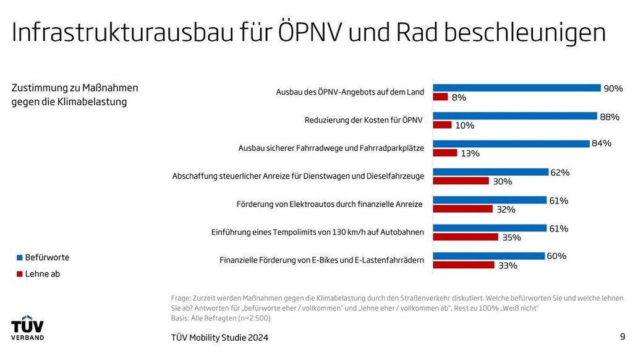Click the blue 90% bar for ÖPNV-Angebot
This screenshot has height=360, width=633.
pyautogui.click(x=517, y=88)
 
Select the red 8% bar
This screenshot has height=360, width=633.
pyautogui.click(x=440, y=97)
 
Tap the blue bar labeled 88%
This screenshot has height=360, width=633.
pyautogui.click(x=515, y=116)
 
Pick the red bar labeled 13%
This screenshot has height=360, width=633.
pyautogui.click(x=445, y=153)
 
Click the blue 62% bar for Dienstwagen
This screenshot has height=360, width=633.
pyautogui.click(x=491, y=172)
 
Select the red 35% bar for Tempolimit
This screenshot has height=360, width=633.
pyautogui.click(x=465, y=237)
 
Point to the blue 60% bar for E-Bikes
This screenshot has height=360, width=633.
pyautogui.click(x=489, y=256)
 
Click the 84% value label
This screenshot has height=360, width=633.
pyautogui.click(x=601, y=144)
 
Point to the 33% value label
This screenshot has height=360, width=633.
pyautogui.click(x=507, y=265)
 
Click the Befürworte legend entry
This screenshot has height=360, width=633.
pyautogui.click(x=43, y=257)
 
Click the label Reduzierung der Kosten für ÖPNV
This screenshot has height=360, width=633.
pyautogui.click(x=364, y=121)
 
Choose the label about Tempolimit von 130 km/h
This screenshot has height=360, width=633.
pyautogui.click(x=317, y=233)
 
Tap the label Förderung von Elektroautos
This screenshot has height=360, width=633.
pyautogui.click(x=330, y=204)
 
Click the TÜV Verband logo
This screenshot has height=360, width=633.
pyautogui.click(x=27, y=330)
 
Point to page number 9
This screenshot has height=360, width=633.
pyautogui.click(x=622, y=336)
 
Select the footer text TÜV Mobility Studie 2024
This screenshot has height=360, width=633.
pyautogui.click(x=219, y=338)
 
